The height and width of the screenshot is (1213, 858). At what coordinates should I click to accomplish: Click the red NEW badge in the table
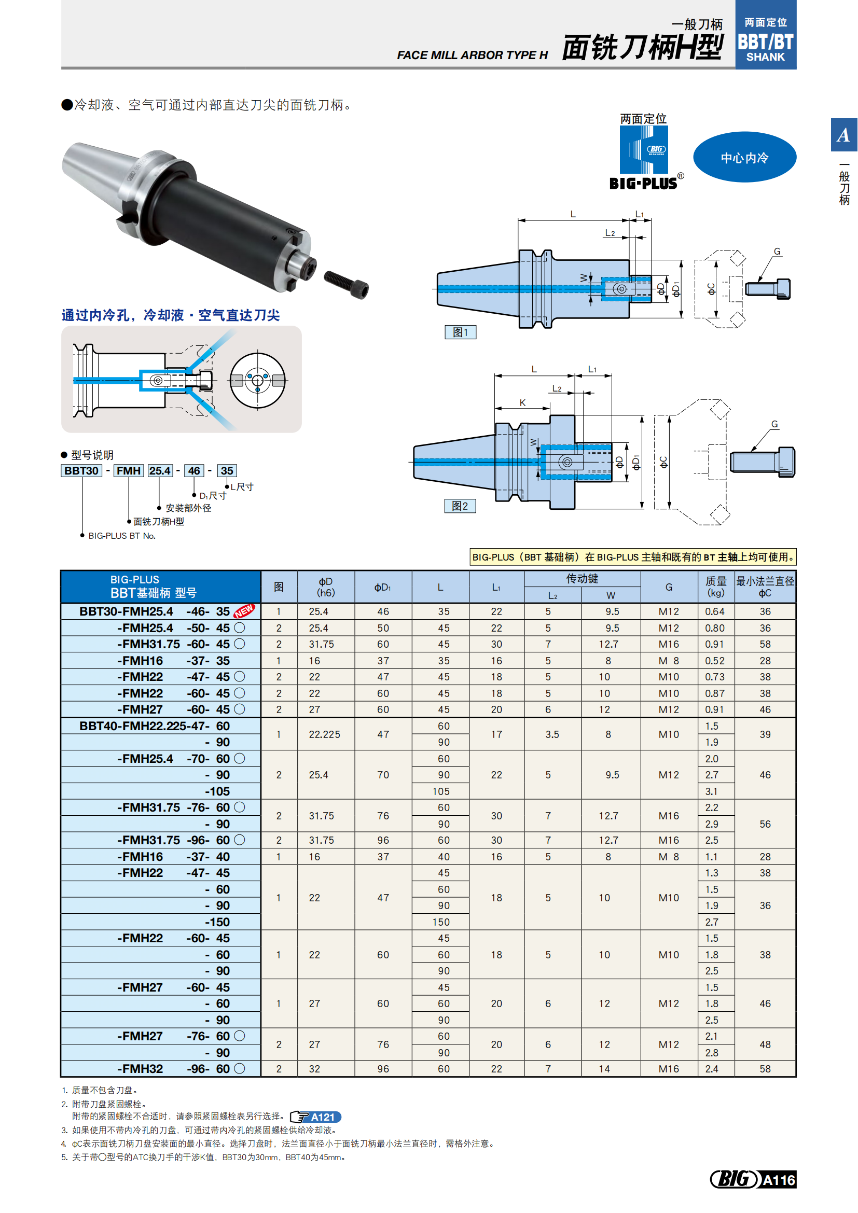click(244, 611)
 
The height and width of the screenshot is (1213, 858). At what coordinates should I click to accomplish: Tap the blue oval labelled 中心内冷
click(744, 158)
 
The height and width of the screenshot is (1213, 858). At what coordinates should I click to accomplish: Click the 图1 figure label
click(460, 332)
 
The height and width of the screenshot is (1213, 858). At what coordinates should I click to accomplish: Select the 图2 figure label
click(460, 506)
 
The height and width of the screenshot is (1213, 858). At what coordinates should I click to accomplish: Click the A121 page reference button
click(315, 1117)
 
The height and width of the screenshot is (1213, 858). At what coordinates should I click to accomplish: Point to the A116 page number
click(778, 1180)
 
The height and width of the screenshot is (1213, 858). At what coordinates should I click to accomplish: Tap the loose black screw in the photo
click(346, 284)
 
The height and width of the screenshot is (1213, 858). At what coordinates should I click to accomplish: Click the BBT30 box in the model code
click(81, 471)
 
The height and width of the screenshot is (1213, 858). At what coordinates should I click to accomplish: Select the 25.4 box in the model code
click(160, 471)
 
